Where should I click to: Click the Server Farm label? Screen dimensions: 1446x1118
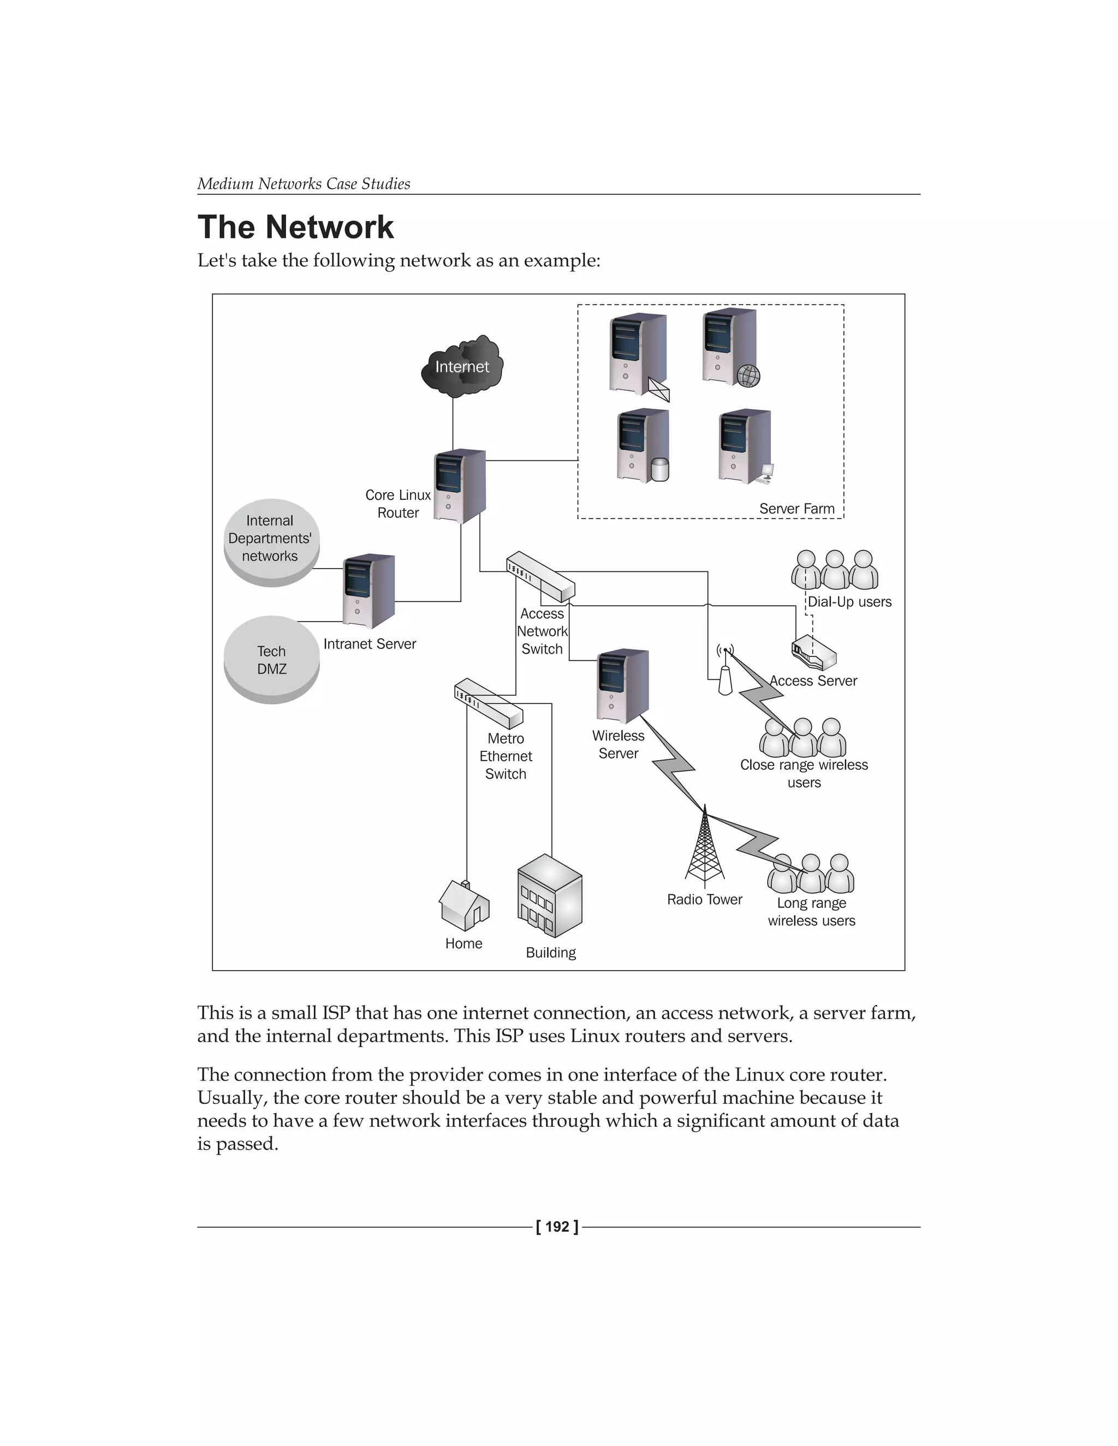(x=797, y=509)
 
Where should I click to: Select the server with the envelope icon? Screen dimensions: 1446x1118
(x=638, y=354)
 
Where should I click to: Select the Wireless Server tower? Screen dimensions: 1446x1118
(x=622, y=686)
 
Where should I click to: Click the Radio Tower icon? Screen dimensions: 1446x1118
(x=705, y=849)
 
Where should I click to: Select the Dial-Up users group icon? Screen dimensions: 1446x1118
(x=835, y=570)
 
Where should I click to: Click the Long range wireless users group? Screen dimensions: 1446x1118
(x=811, y=874)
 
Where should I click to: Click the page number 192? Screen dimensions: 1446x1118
(x=557, y=1227)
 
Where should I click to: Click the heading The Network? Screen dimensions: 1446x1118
(x=295, y=227)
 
